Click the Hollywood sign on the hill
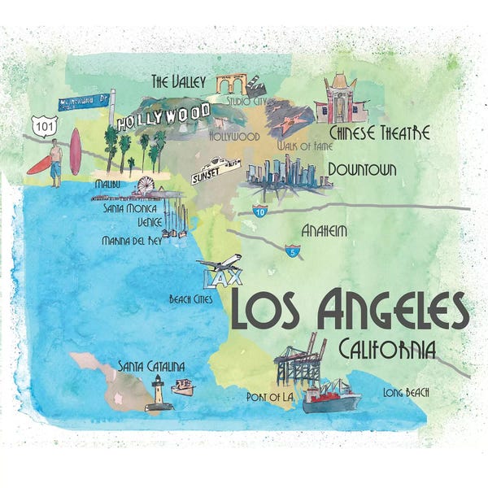163,117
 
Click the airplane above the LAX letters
219,264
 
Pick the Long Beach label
406,392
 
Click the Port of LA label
269,396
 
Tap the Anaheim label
324,231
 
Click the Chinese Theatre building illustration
341,99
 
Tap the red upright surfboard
76,151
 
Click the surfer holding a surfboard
54,162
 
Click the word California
387,349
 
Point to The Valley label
181,81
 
